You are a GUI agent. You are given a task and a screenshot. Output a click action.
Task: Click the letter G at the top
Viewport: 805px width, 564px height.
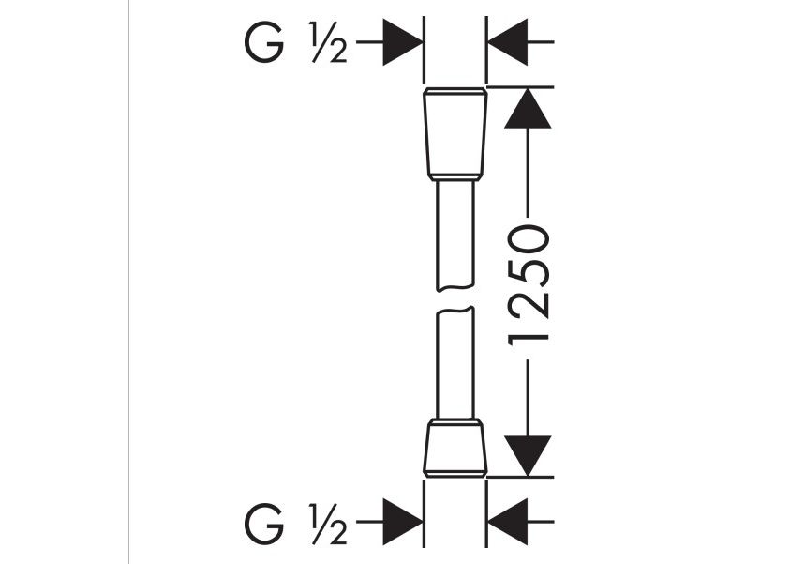(x=263, y=42)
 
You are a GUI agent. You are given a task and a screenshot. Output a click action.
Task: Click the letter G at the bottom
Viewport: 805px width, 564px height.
(x=263, y=523)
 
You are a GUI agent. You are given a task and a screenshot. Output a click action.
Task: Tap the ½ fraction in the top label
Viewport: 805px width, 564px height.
(x=329, y=42)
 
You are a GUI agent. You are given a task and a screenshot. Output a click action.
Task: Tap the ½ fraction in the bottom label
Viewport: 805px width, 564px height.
(x=329, y=523)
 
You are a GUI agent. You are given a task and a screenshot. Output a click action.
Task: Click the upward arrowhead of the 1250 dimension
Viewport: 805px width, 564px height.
(x=528, y=108)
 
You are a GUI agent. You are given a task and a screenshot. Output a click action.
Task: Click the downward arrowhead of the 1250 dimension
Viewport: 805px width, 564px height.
(x=528, y=456)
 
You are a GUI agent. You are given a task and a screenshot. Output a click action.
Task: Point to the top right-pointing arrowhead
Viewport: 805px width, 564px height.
(x=403, y=42)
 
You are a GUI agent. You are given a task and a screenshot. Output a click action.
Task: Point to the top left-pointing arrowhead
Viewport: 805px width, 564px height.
(x=508, y=42)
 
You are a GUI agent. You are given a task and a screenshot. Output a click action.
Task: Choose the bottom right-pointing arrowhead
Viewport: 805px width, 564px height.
(x=403, y=522)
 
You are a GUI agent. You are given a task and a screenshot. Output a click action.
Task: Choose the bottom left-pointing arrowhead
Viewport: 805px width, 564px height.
(x=508, y=522)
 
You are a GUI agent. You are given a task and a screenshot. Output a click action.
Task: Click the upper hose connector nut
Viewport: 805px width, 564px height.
(x=455, y=131)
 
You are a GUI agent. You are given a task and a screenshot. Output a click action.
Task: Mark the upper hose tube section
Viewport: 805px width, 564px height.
(x=455, y=236)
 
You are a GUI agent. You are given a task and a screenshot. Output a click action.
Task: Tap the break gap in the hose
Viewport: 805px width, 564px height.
(x=455, y=299)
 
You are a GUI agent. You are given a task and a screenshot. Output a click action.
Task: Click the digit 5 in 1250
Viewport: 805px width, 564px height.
(x=529, y=274)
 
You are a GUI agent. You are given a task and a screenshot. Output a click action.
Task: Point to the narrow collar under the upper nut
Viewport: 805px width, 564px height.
(x=455, y=178)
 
